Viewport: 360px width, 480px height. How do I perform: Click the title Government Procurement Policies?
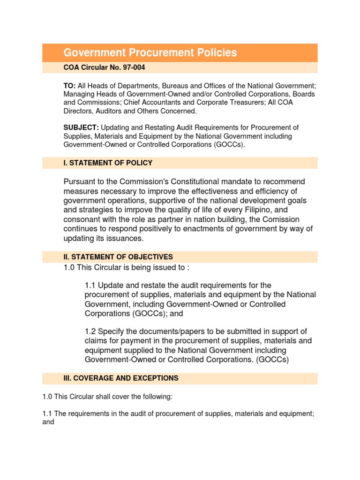[150, 52]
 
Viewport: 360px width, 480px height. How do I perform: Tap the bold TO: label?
[70, 86]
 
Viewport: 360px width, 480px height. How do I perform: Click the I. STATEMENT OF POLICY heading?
[108, 163]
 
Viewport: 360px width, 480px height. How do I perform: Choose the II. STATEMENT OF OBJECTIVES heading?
[118, 257]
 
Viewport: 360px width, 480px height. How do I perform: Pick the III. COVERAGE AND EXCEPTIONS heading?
[121, 378]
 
